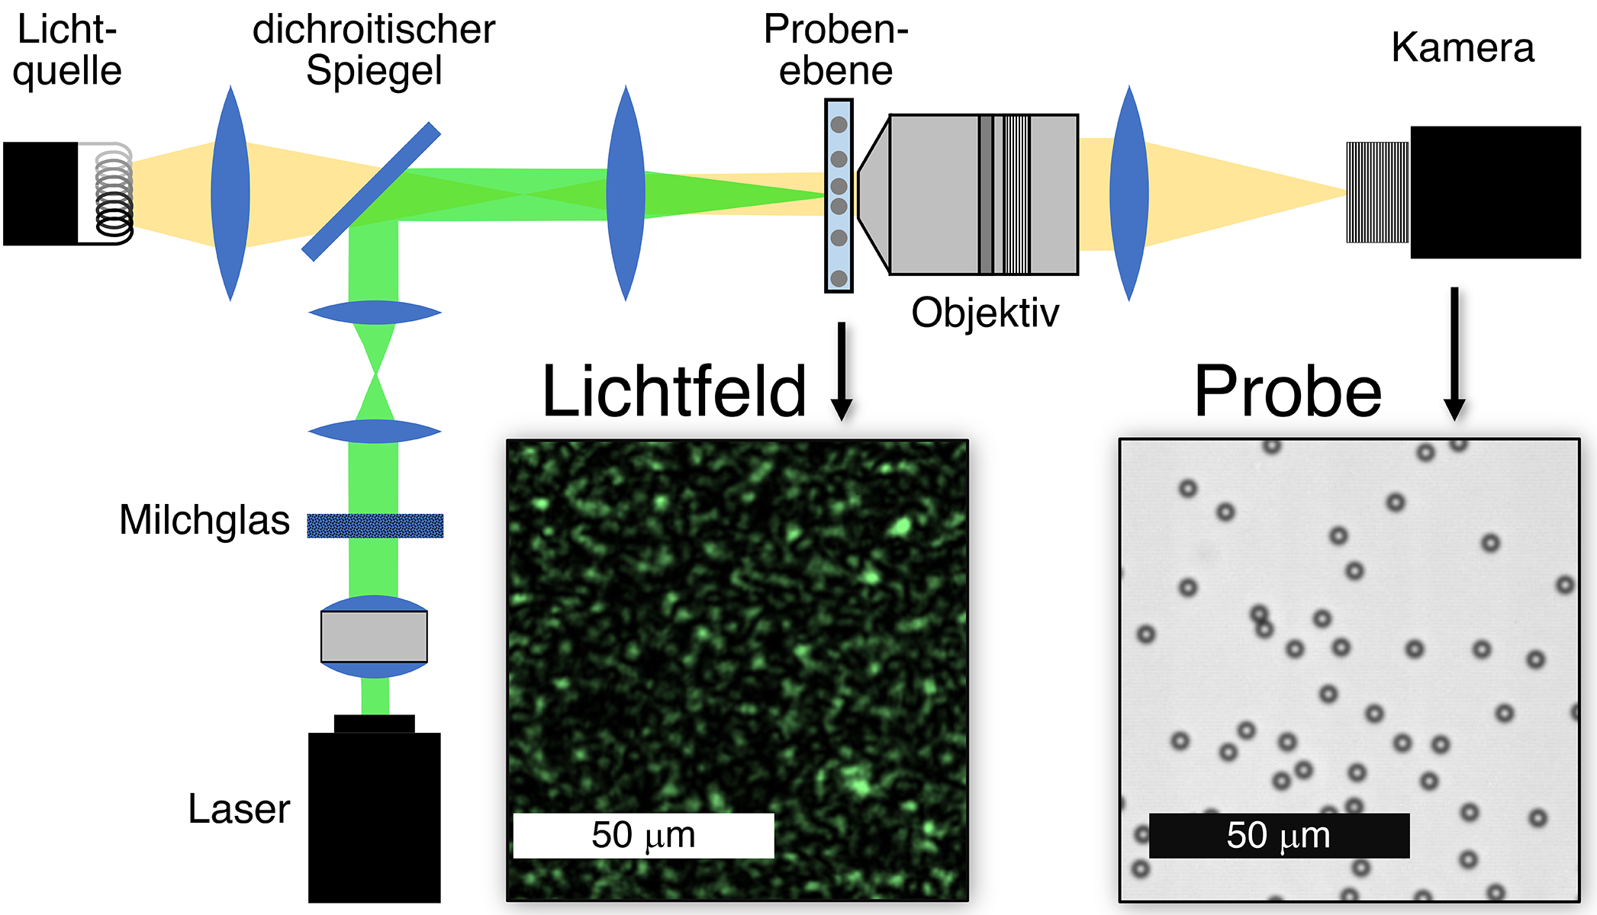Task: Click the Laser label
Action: (x=239, y=808)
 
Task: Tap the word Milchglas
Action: (x=204, y=520)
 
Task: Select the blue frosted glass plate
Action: (x=375, y=525)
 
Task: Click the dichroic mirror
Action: (x=372, y=191)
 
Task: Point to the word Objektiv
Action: (x=985, y=313)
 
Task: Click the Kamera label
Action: (x=1462, y=47)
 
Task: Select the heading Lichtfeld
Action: (x=674, y=391)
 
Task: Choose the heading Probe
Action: (x=1288, y=391)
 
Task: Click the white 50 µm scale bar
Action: (x=643, y=835)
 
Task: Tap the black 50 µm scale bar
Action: (x=1279, y=835)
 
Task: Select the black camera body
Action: (x=1495, y=192)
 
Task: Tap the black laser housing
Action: (x=374, y=816)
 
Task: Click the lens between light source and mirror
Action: (x=230, y=193)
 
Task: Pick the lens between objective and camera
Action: (x=1129, y=193)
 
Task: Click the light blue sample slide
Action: (x=839, y=195)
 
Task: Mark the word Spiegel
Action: (x=374, y=71)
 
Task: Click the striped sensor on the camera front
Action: (x=1377, y=192)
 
